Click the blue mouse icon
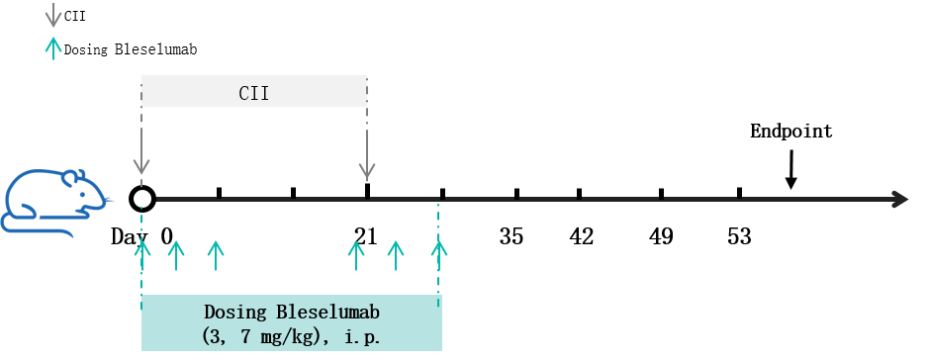click(56, 203)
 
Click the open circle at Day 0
click(142, 199)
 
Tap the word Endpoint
click(791, 131)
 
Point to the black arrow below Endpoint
click(790, 170)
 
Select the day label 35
click(511, 236)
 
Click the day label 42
click(581, 236)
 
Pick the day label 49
click(661, 236)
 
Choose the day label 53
click(739, 236)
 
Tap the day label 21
click(366, 236)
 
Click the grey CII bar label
click(254, 93)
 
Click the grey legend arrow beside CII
click(53, 15)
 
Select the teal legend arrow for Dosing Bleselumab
click(53, 47)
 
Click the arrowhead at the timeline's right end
click(899, 199)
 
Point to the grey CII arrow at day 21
click(367, 154)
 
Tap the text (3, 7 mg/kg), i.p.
click(291, 337)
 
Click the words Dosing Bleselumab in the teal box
click(292, 312)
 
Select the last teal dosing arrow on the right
click(438, 255)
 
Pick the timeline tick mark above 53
click(739, 193)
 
